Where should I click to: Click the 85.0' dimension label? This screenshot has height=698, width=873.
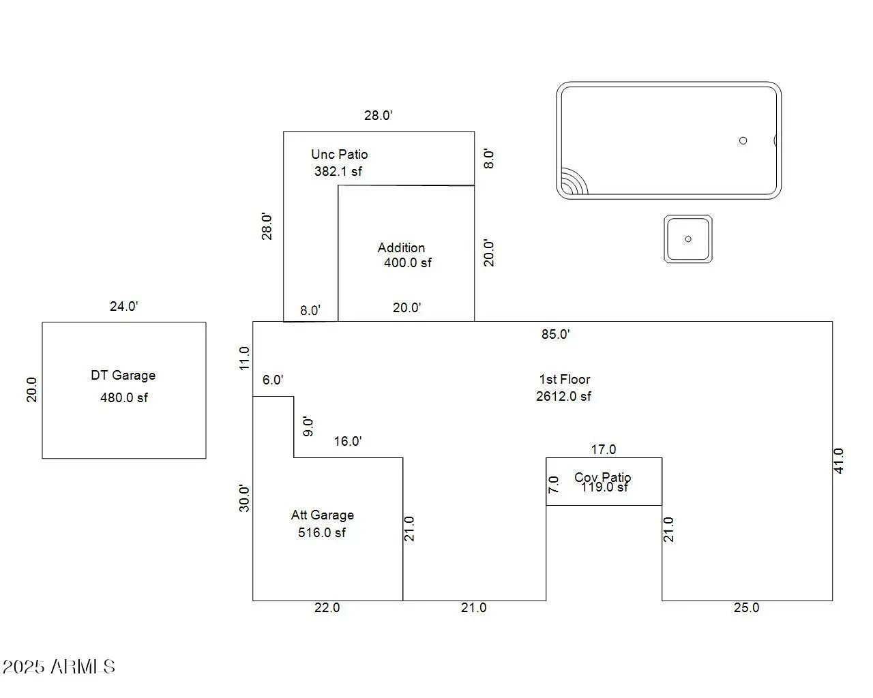point(555,334)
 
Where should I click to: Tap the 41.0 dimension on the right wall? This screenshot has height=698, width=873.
point(839,461)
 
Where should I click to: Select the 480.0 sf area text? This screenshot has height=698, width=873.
point(123,397)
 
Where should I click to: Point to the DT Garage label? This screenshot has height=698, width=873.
point(123,375)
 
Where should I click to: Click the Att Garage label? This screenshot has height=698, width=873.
point(322,515)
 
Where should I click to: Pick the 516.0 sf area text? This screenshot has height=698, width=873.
point(321,532)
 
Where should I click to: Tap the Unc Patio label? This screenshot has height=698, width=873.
point(339,154)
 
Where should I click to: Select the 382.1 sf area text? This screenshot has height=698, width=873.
point(338,171)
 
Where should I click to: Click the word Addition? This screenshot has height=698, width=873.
point(401,247)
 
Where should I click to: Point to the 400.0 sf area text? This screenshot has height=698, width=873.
point(407,262)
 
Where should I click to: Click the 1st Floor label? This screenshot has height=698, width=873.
point(564,379)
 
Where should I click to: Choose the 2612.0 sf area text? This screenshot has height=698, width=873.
point(563,396)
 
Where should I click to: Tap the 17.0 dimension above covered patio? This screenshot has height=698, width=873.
point(603,449)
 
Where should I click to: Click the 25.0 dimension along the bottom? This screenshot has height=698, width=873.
point(746,607)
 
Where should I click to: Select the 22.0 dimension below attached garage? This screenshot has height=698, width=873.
point(327,607)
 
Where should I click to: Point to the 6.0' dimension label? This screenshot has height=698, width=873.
point(272,380)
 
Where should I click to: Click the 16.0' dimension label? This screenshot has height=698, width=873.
point(347,441)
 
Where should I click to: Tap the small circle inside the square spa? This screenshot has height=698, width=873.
point(688,239)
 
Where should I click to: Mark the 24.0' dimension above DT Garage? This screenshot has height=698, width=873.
point(123,306)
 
